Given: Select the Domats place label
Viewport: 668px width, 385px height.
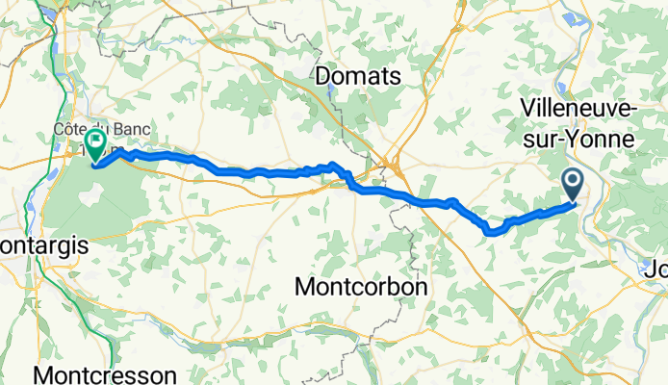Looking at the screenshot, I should (x=359, y=76).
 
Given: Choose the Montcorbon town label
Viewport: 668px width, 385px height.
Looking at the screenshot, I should (x=361, y=287).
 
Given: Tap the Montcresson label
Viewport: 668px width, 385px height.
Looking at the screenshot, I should (x=106, y=373).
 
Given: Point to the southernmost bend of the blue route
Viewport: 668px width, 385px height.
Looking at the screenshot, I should (x=494, y=231).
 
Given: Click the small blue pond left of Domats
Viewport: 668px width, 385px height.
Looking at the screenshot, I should (x=332, y=94).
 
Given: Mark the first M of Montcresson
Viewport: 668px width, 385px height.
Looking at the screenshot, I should (x=43, y=373).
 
